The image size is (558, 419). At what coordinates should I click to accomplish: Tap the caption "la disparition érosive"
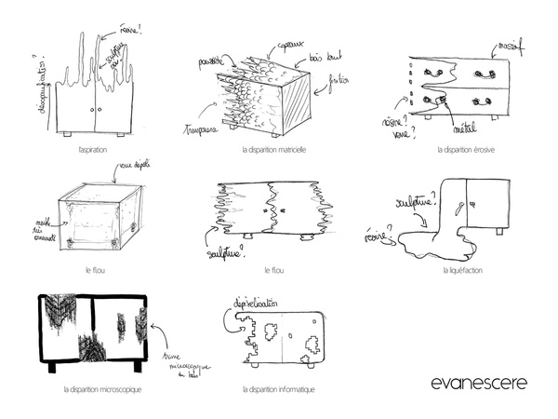coord(464,149)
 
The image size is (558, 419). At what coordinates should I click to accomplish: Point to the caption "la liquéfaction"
coord(462,271)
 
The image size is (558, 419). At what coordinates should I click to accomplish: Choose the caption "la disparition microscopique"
coord(103,389)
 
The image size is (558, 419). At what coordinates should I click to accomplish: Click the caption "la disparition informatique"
coord(278,389)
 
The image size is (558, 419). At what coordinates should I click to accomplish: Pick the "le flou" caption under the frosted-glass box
coord(91,271)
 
